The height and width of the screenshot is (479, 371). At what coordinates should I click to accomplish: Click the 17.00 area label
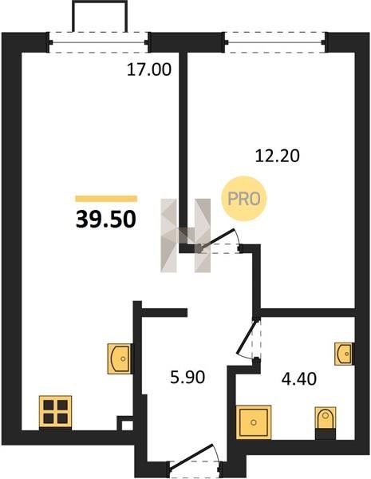click(149, 69)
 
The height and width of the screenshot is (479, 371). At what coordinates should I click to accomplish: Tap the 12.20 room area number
click(278, 156)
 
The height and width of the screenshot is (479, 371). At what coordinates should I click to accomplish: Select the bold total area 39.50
click(105, 220)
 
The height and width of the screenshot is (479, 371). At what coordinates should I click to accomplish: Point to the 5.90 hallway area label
click(187, 377)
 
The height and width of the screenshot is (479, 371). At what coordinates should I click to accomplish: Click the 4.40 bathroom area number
click(299, 378)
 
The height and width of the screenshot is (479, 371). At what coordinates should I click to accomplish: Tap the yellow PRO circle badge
click(244, 199)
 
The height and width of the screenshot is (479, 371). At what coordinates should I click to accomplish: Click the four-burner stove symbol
click(55, 411)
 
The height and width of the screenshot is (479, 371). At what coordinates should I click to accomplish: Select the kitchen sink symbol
click(120, 358)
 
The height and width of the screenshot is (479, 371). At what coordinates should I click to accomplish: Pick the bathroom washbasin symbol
click(345, 354)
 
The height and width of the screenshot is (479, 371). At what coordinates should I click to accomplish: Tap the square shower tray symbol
click(254, 422)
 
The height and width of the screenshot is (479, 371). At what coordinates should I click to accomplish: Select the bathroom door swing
click(250, 340)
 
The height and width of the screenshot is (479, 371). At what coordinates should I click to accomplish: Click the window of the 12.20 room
click(274, 42)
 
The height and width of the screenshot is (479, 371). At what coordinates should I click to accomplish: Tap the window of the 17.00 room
click(98, 42)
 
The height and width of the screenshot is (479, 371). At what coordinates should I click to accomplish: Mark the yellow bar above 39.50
click(106, 199)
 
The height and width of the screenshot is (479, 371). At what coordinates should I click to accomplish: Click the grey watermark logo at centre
click(186, 236)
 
